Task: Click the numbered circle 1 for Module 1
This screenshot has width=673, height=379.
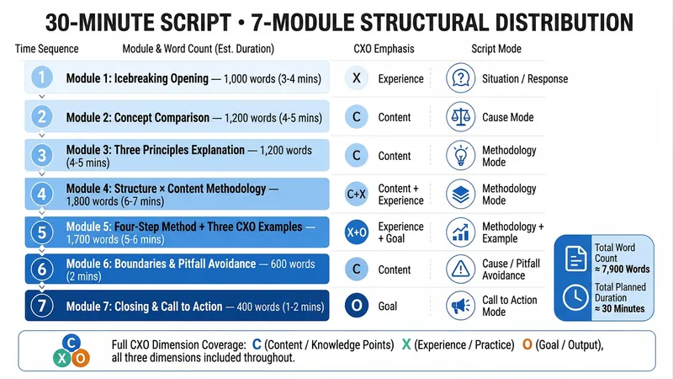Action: pos(41,77)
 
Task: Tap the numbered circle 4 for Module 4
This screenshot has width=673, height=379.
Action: pos(41,194)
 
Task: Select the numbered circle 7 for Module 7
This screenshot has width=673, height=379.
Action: pos(41,306)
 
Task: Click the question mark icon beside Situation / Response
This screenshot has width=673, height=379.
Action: pos(460,78)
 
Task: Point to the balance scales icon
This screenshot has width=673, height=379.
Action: pos(460,116)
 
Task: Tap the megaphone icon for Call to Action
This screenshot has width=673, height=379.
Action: pos(460,306)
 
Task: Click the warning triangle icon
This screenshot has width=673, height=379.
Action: pos(460,269)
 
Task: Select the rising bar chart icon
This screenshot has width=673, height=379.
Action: pos(460,232)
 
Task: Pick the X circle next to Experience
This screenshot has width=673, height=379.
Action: pos(356,78)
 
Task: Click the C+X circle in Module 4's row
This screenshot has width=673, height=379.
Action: pos(356,194)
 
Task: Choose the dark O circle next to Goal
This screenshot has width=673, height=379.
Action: pos(356,306)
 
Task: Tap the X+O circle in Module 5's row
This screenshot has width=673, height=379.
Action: pos(356,232)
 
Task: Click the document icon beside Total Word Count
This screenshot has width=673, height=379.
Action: pos(575,259)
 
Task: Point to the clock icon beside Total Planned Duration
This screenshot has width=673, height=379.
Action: pos(575,297)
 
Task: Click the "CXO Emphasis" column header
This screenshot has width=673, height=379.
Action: pos(384,49)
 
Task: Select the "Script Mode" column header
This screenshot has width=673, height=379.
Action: pos(496,49)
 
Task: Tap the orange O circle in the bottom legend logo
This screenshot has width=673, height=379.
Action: pos(80,358)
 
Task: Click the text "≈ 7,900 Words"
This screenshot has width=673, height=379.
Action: pos(622,270)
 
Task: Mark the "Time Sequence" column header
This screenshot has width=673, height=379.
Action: pos(47,49)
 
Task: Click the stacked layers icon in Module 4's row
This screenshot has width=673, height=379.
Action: pos(460,194)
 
